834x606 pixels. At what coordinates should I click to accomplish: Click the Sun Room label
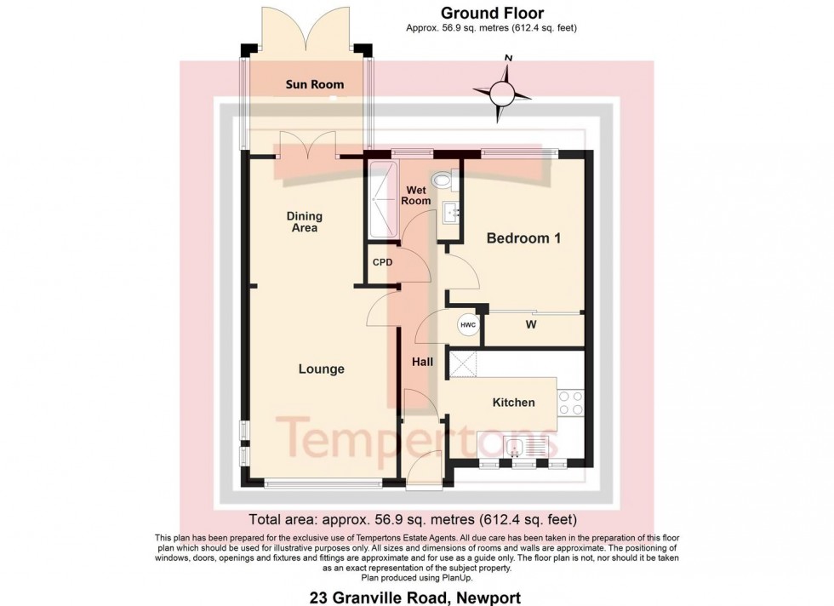point(315,84)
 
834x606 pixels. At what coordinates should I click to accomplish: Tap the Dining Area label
point(304,222)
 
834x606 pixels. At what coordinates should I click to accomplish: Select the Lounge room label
point(321,369)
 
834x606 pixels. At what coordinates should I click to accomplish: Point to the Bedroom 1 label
point(523,239)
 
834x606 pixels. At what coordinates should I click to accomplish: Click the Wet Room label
point(417,195)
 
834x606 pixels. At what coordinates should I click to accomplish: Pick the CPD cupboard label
point(383,262)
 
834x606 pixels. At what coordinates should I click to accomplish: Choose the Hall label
point(422,362)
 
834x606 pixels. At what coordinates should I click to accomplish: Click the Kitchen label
point(513,402)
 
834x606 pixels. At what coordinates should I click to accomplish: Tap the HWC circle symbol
point(467,324)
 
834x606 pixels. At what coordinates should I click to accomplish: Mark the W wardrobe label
point(530,324)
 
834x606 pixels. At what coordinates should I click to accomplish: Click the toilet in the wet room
point(443,180)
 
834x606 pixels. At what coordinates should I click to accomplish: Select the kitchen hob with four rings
point(570,402)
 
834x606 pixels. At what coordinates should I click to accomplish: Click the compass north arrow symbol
point(504,89)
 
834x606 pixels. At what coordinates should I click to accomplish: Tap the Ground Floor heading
point(491,13)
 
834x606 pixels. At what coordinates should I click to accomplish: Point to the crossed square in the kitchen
point(461,364)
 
